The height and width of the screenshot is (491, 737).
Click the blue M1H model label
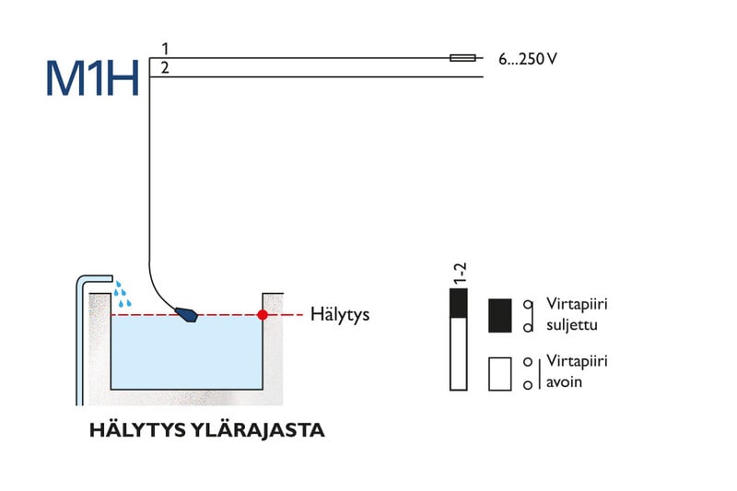pyautogui.click(x=92, y=78)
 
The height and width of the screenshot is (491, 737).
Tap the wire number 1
pyautogui.click(x=165, y=48)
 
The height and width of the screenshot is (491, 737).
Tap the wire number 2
pyautogui.click(x=165, y=67)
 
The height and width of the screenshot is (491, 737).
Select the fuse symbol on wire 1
pyautogui.click(x=462, y=58)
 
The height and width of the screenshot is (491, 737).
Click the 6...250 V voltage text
pyautogui.click(x=528, y=59)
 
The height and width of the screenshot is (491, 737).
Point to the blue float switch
pyautogui.click(x=188, y=314)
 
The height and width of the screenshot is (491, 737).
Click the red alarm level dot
pyautogui.click(x=263, y=315)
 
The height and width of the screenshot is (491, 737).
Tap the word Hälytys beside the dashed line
pyautogui.click(x=340, y=315)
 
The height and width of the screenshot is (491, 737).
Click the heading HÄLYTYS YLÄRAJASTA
pyautogui.click(x=206, y=430)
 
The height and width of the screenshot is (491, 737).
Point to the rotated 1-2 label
pyautogui.click(x=461, y=272)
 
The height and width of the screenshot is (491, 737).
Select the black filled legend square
pyautogui.click(x=499, y=315)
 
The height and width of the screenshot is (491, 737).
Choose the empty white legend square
pyautogui.click(x=499, y=373)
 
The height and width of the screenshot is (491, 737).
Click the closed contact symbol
pyautogui.click(x=528, y=315)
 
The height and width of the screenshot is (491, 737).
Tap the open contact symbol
pyautogui.click(x=528, y=372)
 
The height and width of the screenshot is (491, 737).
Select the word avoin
pyautogui.click(x=564, y=381)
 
